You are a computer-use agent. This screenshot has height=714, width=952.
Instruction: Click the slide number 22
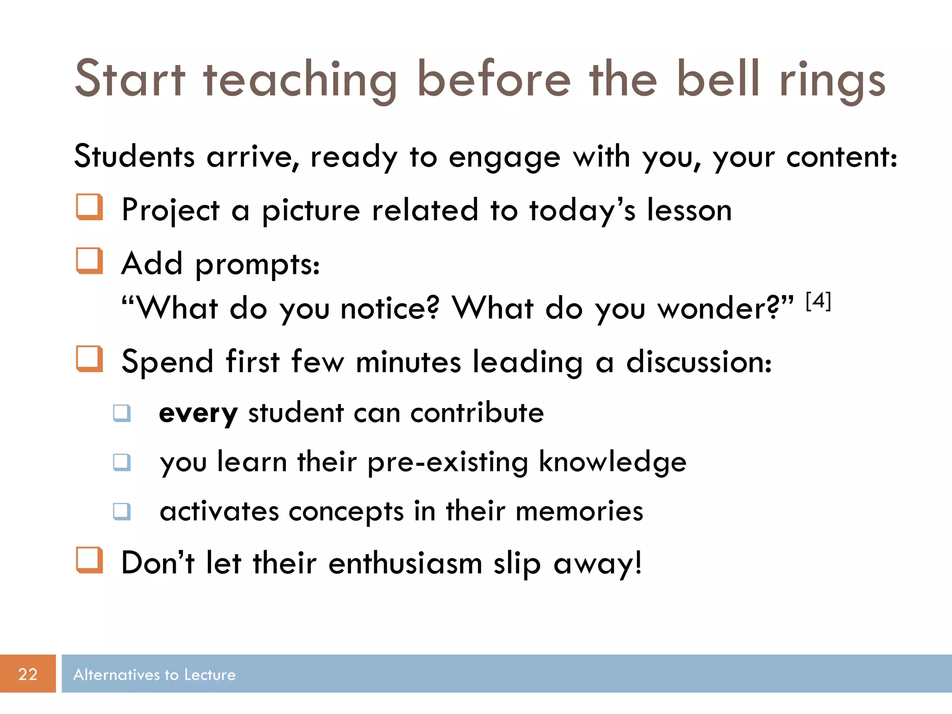pyautogui.click(x=27, y=674)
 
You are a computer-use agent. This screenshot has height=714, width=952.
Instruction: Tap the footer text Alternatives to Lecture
pyautogui.click(x=154, y=674)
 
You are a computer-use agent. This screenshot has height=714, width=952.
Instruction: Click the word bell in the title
pyautogui.click(x=718, y=79)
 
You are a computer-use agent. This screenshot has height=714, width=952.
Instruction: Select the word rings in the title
pyautogui.click(x=833, y=81)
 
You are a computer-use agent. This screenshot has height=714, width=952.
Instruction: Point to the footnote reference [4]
pyautogui.click(x=818, y=301)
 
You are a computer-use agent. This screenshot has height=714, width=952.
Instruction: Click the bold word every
pyautogui.click(x=198, y=413)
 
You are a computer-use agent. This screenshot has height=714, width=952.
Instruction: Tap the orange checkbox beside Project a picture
pyautogui.click(x=89, y=207)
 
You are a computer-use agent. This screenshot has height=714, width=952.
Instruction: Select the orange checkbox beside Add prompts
pyautogui.click(x=89, y=261)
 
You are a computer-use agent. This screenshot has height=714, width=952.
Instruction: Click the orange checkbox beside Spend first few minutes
pyautogui.click(x=89, y=359)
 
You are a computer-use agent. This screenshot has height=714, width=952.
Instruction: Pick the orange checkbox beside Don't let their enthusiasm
pyautogui.click(x=89, y=560)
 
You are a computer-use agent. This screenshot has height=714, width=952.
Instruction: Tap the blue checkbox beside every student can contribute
pyautogui.click(x=122, y=413)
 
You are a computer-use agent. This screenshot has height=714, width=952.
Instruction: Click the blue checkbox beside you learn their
pyautogui.click(x=122, y=462)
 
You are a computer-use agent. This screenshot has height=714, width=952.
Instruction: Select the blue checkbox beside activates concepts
pyautogui.click(x=122, y=511)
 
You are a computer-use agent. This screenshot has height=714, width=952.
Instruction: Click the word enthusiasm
pyautogui.click(x=405, y=563)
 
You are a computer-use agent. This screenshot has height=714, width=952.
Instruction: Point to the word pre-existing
pyautogui.click(x=448, y=463)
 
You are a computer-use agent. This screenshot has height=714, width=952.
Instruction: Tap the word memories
pyautogui.click(x=579, y=511)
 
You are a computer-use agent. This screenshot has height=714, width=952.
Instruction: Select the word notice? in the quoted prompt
pyautogui.click(x=390, y=309)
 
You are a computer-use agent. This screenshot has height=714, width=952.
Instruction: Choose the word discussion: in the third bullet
pyautogui.click(x=699, y=362)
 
